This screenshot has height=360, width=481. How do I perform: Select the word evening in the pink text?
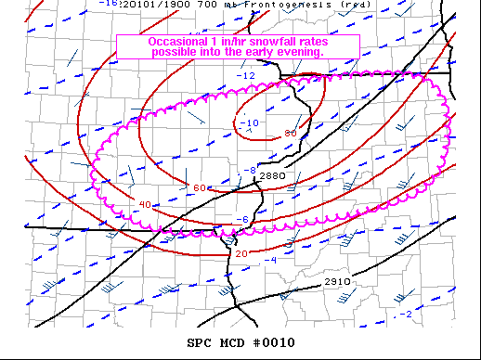(299, 53)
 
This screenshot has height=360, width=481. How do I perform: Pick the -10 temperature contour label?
(250, 122)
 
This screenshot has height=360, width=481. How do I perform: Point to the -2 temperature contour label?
(404, 315)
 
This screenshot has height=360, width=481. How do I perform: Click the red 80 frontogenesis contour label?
(290, 134)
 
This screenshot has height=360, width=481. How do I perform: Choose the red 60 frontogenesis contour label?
(200, 188)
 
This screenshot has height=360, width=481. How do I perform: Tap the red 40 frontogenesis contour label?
(144, 204)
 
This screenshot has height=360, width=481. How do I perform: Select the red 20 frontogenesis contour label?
(240, 253)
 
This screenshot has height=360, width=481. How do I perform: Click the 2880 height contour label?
(272, 176)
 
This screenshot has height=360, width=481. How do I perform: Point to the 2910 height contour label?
(337, 282)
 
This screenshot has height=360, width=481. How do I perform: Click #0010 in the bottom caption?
(273, 343)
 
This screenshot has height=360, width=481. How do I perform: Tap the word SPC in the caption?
(200, 343)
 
